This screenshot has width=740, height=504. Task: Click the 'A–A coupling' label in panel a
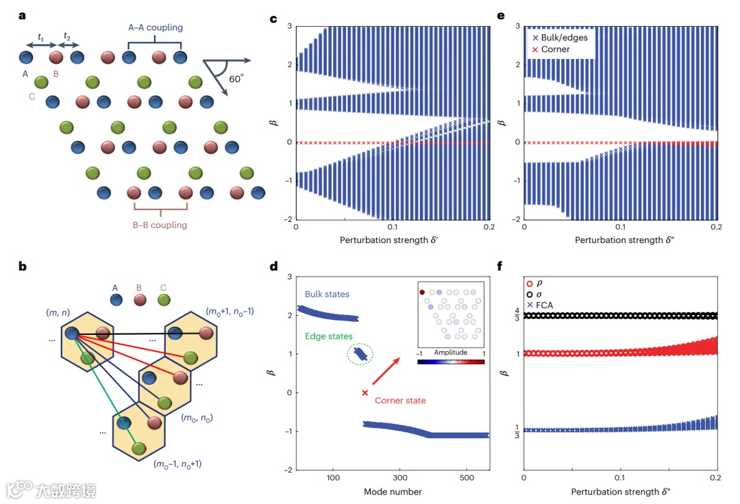[x=155, y=28]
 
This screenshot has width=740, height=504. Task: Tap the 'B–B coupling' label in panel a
[x=160, y=225]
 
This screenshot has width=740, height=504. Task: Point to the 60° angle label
[x=236, y=79]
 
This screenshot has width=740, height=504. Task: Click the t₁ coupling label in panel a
[x=41, y=38]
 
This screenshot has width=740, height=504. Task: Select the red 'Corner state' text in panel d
[x=400, y=401]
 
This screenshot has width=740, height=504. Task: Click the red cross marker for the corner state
[x=365, y=392]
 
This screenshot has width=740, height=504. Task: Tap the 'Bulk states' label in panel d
[x=328, y=294]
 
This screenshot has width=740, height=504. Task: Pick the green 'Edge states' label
[x=328, y=336]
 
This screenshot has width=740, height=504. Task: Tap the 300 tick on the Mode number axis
[x=399, y=478]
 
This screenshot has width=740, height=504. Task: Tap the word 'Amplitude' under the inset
[x=451, y=352]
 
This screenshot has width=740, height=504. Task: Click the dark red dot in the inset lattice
[x=423, y=292]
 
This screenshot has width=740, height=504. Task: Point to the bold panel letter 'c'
[x=274, y=19]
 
